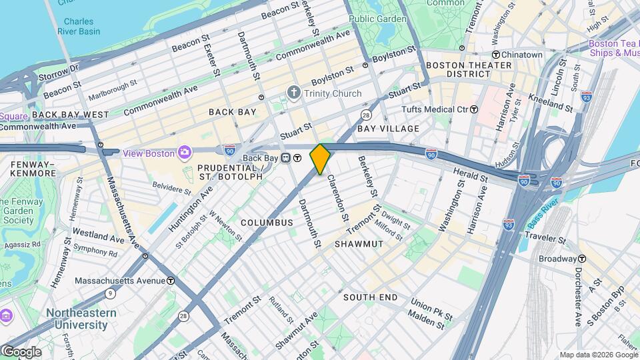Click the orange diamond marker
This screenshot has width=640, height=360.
click(x=321, y=159)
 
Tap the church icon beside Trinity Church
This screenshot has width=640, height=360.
click(x=293, y=93)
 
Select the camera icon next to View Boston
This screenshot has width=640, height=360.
click(x=183, y=153)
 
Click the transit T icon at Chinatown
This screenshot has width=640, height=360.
click(x=496, y=54)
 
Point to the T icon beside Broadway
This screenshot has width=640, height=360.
click(x=582, y=259)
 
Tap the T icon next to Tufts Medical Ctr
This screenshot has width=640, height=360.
click(x=474, y=109)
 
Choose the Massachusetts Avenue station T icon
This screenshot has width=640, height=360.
click(x=171, y=281)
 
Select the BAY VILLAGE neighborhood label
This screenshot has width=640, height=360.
click(x=389, y=128)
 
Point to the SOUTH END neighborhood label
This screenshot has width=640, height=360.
click(x=371, y=297)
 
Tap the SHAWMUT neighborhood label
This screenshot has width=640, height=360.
click(x=359, y=244)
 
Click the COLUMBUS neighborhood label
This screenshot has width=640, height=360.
click(x=267, y=222)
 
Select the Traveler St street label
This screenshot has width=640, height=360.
click(x=545, y=237)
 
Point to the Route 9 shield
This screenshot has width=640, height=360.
click(x=109, y=293)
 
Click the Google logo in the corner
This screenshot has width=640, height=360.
click(x=21, y=351)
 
